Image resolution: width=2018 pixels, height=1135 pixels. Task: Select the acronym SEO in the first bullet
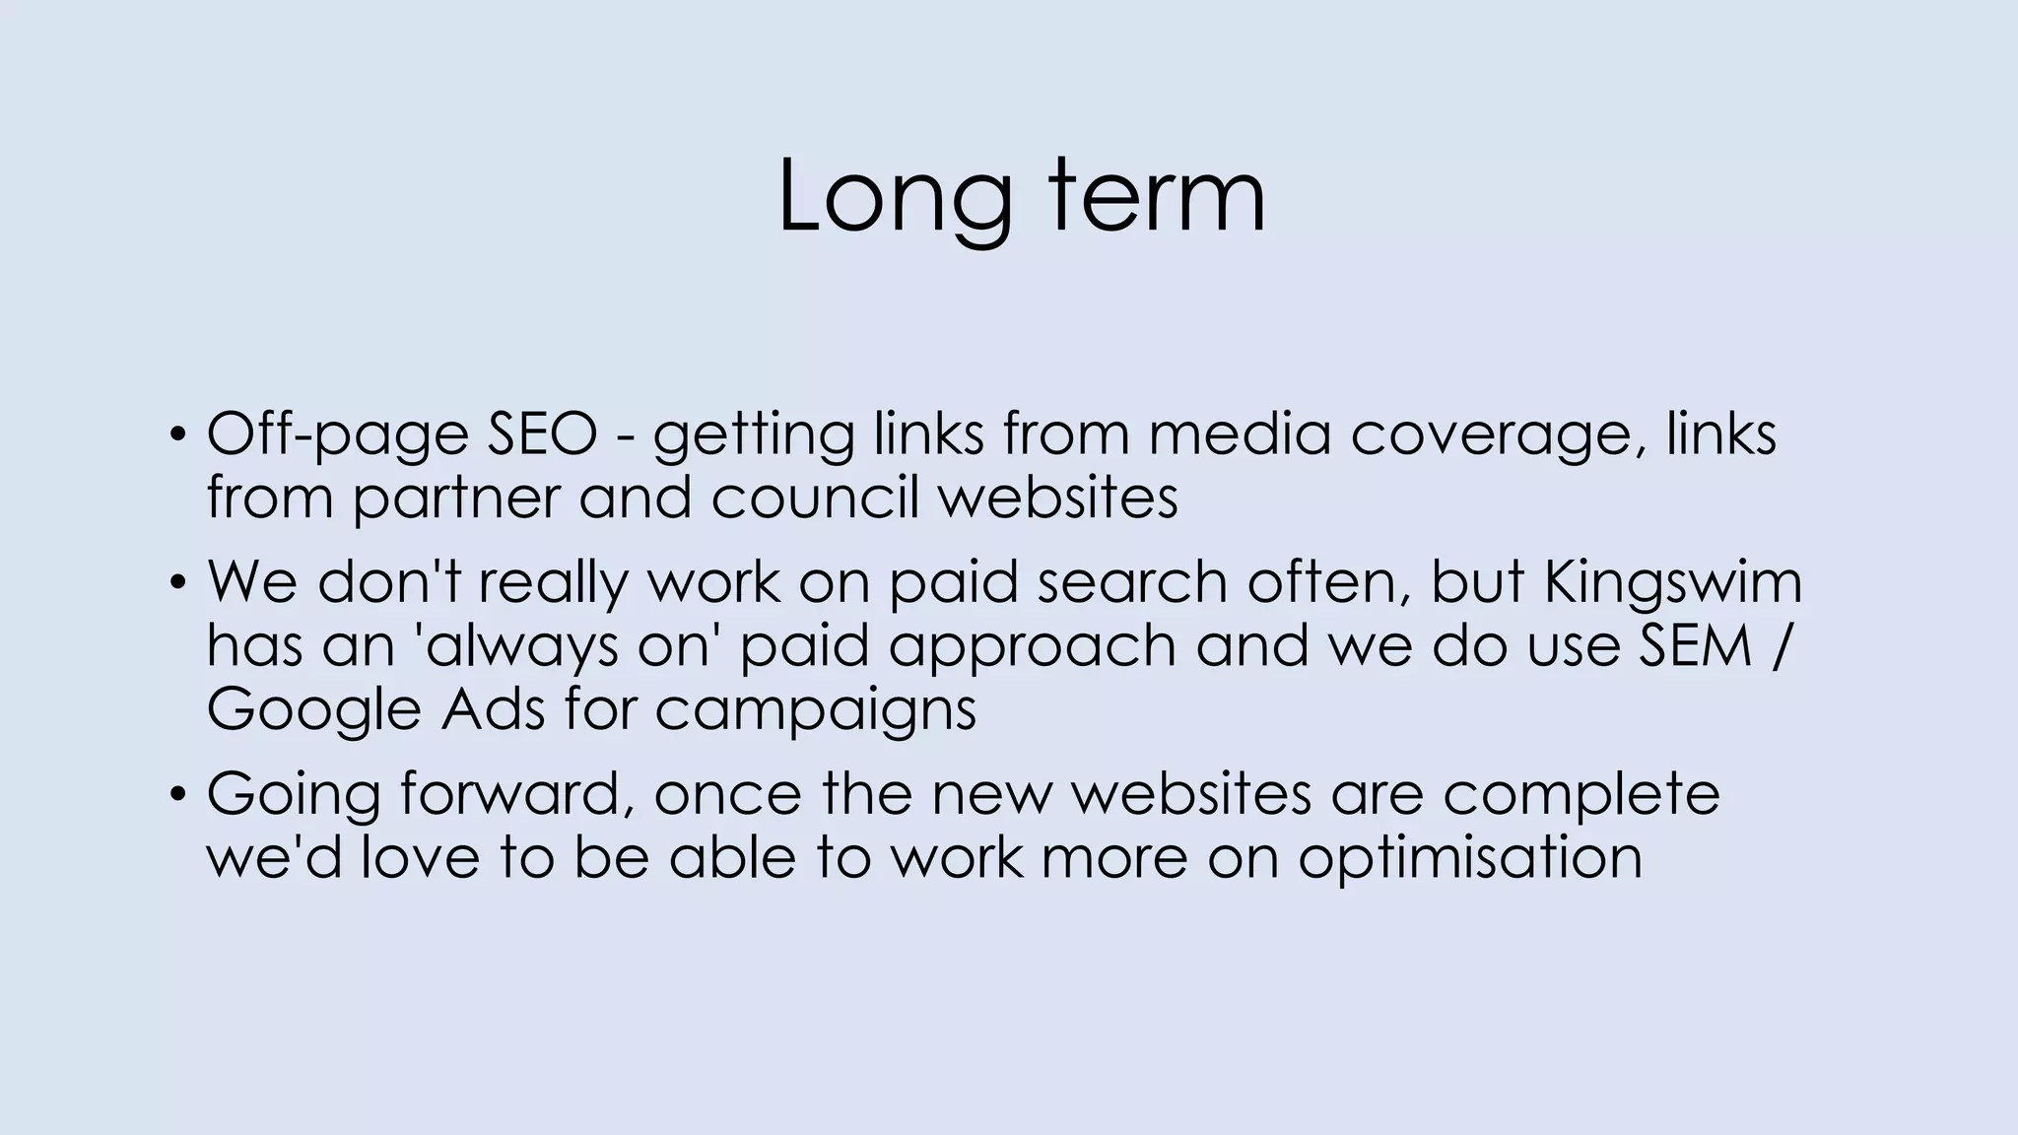click(542, 434)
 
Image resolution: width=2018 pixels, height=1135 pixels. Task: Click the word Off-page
click(337, 435)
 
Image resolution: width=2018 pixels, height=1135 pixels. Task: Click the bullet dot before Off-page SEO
click(176, 434)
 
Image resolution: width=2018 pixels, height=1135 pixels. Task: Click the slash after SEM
click(1778, 646)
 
